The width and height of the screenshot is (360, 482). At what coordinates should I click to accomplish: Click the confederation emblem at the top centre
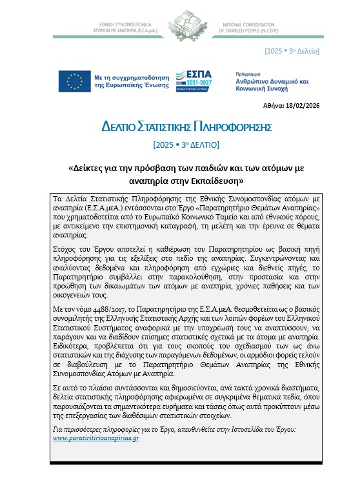180,21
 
